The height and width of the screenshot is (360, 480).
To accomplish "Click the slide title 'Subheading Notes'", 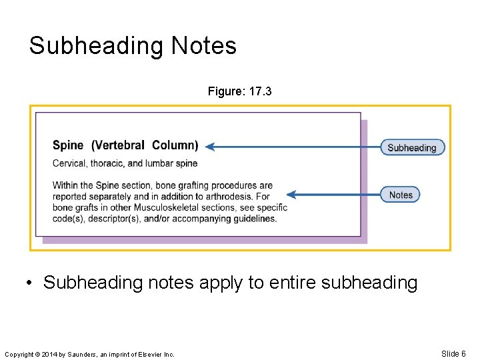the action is (133, 46).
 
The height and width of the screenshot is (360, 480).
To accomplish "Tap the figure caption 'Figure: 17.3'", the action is (239, 91).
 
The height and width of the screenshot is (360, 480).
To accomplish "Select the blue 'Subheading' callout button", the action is (412, 147).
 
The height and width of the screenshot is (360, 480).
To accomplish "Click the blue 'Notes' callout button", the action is (401, 195).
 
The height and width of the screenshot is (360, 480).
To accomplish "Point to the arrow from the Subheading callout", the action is (293, 147).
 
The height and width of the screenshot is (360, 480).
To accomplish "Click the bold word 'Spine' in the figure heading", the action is (68, 145).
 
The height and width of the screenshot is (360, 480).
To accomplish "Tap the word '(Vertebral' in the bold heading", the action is (118, 145).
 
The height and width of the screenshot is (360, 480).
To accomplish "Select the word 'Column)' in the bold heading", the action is (175, 145).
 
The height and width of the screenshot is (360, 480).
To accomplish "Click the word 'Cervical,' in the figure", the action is (69, 163).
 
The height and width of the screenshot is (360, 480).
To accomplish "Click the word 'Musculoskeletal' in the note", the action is (151, 207).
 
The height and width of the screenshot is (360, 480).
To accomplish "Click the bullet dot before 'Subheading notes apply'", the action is (31, 283).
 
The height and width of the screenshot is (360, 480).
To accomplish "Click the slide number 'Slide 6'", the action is (453, 353).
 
